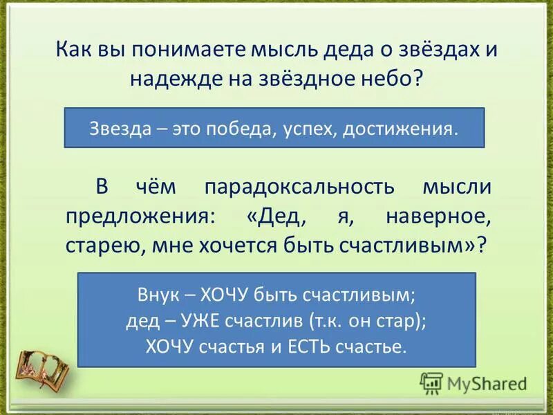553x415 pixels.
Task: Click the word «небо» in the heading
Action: click(390, 78)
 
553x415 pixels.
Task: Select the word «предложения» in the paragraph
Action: click(140, 217)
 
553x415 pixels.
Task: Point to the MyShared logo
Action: click(474, 382)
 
